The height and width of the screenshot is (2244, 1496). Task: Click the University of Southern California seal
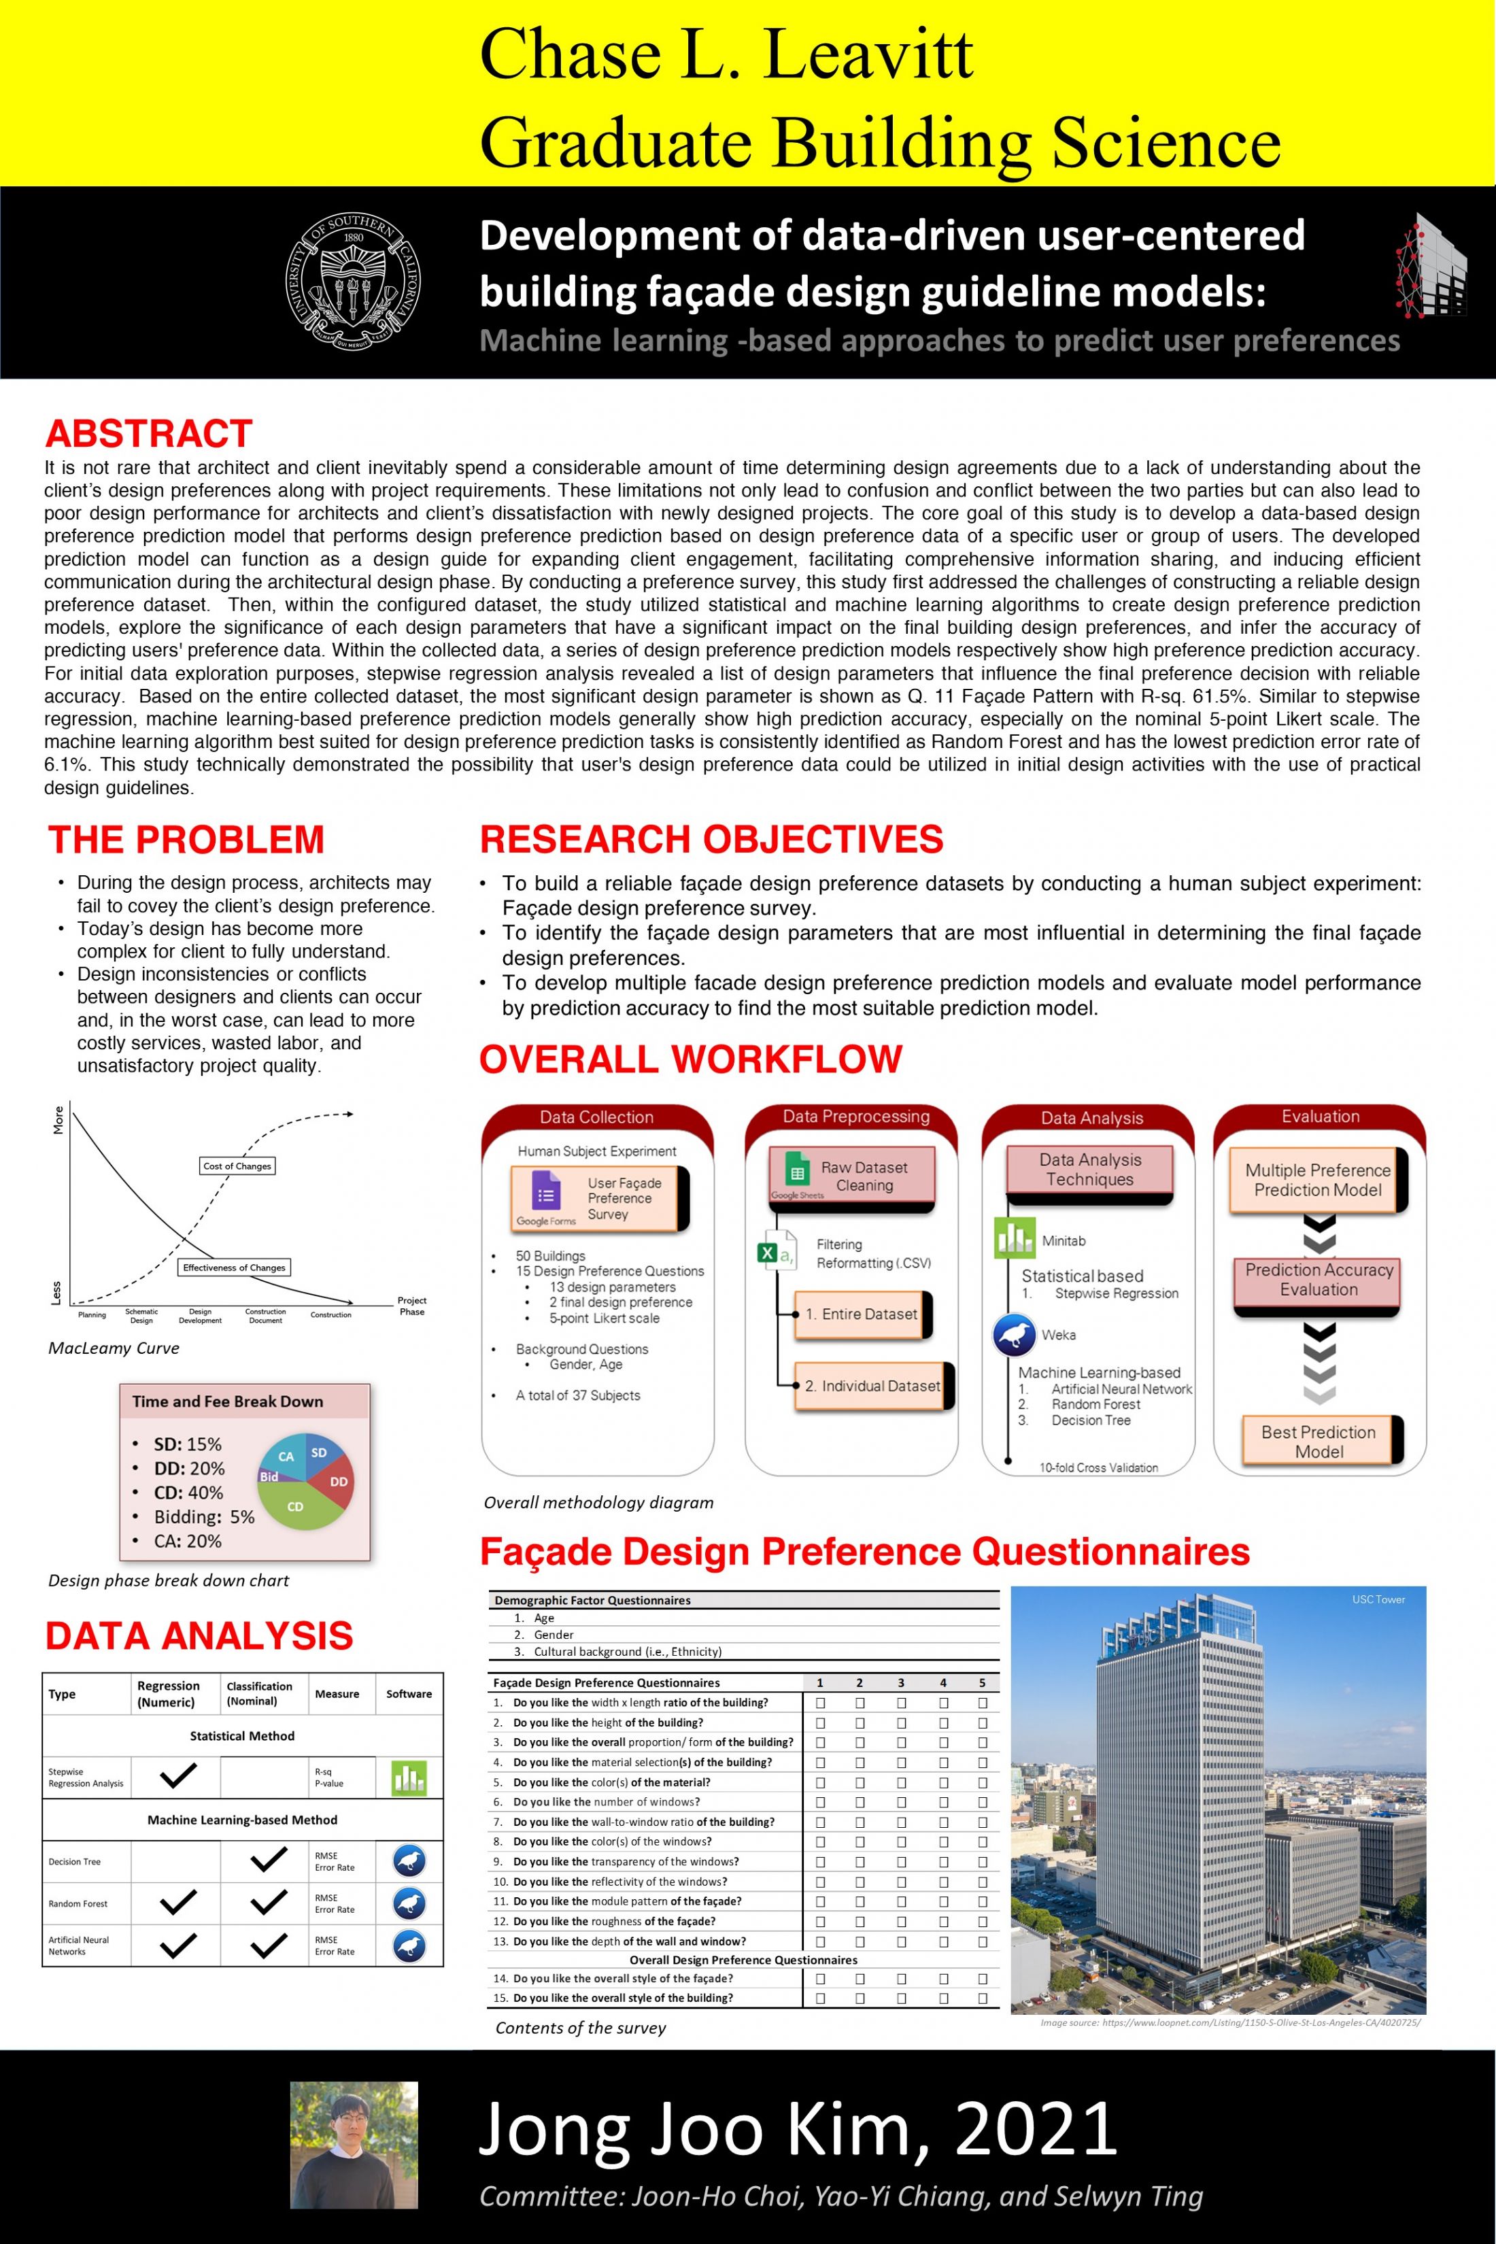[354, 282]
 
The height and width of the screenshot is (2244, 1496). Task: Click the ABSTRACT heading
[149, 434]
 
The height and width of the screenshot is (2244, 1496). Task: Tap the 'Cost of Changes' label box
[237, 1166]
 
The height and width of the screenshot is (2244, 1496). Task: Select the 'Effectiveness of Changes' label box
[234, 1268]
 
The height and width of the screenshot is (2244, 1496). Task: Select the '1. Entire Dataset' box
[861, 1314]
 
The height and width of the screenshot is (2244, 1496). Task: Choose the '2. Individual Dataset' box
[872, 1387]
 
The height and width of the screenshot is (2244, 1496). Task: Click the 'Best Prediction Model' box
[1319, 1442]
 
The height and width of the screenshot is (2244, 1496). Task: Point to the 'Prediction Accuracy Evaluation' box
[1319, 1280]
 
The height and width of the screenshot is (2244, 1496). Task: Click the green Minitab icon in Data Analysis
[1013, 1238]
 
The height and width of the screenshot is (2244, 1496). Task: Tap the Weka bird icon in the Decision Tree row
[409, 1861]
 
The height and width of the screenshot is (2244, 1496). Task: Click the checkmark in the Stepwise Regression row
[177, 1776]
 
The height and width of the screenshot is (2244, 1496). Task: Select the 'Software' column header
[409, 1695]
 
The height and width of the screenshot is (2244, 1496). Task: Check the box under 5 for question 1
[983, 1703]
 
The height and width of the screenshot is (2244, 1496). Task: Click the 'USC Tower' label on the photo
[1378, 1600]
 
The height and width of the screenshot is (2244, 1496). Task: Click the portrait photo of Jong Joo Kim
[354, 2145]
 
